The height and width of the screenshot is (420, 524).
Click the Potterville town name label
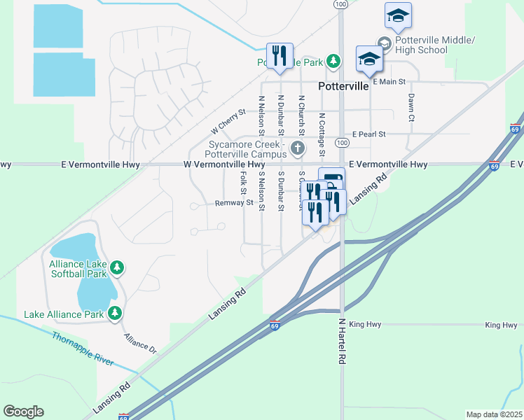343,87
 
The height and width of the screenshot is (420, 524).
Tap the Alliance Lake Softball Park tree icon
118,267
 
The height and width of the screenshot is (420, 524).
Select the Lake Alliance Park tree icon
113,314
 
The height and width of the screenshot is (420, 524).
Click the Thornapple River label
83,348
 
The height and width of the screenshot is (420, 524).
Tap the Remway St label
234,203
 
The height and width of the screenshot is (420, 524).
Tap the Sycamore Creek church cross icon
298,148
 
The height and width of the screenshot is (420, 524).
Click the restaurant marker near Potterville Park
280,55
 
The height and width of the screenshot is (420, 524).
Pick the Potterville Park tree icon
333,62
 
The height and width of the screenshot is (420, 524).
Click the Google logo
23,411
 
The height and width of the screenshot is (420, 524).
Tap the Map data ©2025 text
493,414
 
